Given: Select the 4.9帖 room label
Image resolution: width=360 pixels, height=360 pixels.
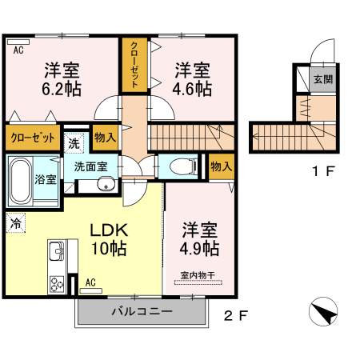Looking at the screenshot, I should tap(198, 249).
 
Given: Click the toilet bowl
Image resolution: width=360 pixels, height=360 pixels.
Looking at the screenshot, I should tap(180, 167).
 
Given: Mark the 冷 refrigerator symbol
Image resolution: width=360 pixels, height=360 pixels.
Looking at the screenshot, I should tap(16, 224).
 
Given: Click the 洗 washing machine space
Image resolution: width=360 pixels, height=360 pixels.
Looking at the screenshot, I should tap(74, 144).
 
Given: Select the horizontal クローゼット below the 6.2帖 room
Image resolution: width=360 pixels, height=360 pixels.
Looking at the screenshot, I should tap(33, 138).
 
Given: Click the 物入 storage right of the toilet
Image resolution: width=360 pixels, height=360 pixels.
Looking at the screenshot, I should tap(221, 166).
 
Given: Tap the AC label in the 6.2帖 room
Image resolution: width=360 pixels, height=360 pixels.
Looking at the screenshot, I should tap(18, 50).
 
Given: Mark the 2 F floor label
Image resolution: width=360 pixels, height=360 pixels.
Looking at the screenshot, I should tap(234, 315).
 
